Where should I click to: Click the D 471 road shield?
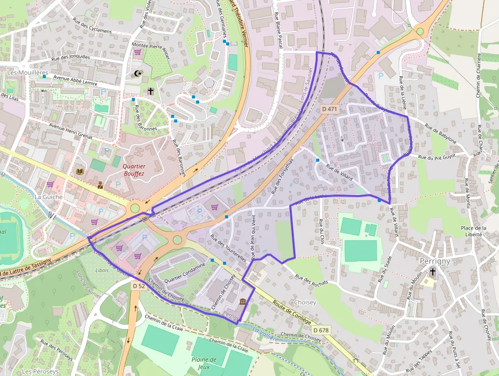[x=330, y=109]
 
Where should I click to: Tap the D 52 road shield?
[x=138, y=287]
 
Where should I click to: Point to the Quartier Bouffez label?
[x=134, y=170]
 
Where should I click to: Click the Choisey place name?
[x=304, y=302]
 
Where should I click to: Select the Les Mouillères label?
[x=27, y=73]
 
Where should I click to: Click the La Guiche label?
[x=48, y=196]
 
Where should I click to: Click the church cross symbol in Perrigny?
[x=432, y=272]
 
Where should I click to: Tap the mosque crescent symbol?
[x=137, y=73]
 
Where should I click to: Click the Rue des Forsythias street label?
[x=283, y=177]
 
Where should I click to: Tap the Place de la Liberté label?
[x=473, y=231]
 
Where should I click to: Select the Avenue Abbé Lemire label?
[x=75, y=81]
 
